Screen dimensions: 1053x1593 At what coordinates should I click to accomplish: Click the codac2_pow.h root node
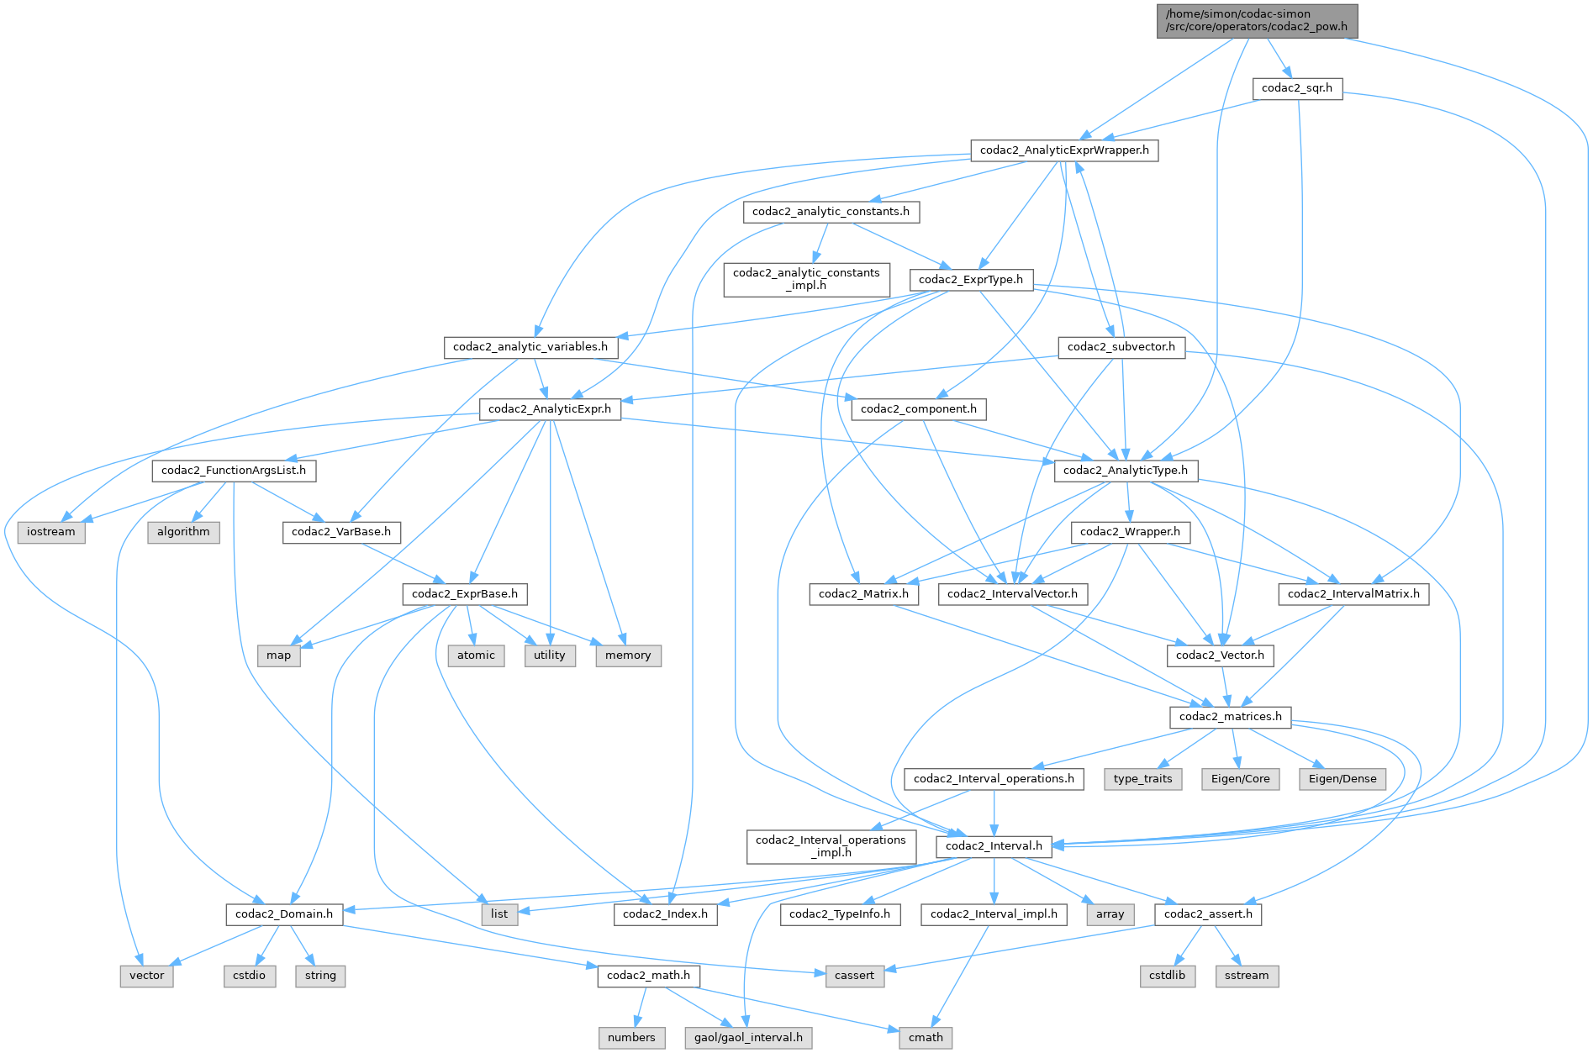point(1257,20)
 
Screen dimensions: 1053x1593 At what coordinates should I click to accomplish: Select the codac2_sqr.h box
point(1297,88)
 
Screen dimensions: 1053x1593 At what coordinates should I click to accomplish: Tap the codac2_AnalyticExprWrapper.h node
point(1064,150)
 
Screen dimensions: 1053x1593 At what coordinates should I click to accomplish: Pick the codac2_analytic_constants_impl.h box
point(806,279)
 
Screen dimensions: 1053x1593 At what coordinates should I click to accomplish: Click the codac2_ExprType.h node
point(971,280)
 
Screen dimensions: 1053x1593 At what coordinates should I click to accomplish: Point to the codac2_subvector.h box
point(1121,347)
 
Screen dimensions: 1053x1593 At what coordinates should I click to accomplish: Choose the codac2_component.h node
point(918,409)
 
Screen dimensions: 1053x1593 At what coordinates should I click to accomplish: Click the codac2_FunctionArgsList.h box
point(234,471)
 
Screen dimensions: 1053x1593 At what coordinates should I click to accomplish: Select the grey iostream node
point(50,532)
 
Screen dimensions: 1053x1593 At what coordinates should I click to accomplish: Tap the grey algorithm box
point(183,532)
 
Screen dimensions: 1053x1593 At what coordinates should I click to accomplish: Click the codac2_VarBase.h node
point(341,532)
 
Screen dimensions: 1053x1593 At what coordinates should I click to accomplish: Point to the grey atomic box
point(476,655)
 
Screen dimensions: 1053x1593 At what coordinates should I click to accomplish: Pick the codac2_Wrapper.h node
point(1130,532)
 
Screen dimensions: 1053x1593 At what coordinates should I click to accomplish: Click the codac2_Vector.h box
point(1220,655)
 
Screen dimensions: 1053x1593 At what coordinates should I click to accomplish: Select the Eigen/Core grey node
point(1240,779)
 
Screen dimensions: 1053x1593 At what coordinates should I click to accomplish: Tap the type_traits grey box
point(1142,779)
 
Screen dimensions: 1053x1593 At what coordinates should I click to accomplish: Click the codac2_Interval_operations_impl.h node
point(831,846)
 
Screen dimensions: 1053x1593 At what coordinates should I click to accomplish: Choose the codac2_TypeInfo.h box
point(840,914)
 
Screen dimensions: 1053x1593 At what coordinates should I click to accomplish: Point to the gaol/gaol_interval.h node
point(748,1038)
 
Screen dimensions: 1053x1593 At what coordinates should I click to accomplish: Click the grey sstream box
point(1247,976)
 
